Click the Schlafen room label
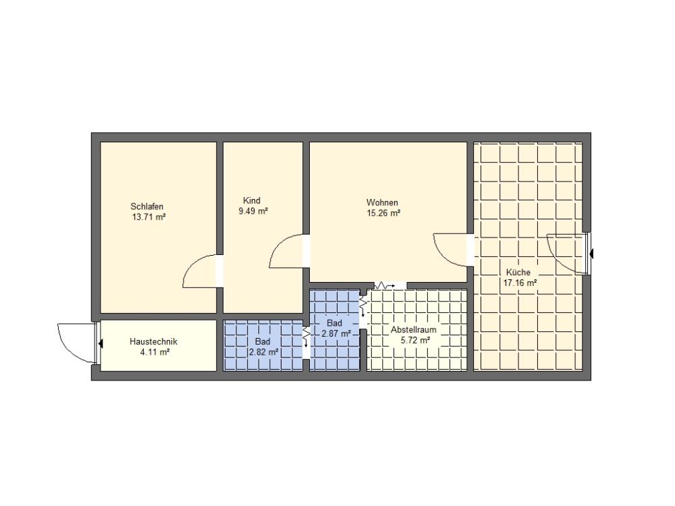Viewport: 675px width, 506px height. click(146, 206)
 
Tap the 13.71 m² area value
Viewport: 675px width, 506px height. click(149, 217)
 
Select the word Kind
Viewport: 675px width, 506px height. click(252, 200)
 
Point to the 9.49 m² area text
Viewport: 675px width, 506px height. click(253, 210)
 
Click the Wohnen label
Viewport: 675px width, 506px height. click(382, 202)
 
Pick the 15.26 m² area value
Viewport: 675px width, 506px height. click(383, 213)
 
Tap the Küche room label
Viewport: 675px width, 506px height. click(518, 273)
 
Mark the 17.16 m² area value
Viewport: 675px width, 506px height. click(520, 283)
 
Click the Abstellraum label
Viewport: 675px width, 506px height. click(413, 330)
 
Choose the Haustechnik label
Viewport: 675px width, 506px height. click(153, 341)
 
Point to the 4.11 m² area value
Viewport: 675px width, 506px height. click(154, 352)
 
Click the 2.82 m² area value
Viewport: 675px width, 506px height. click(263, 352)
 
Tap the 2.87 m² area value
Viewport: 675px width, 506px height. click(336, 333)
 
